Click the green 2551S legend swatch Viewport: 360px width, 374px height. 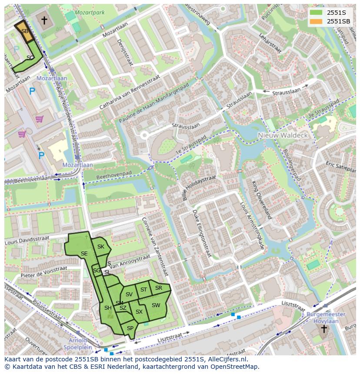[316, 12]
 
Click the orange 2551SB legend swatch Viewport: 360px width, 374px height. [316, 21]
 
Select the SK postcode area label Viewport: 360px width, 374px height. [101, 247]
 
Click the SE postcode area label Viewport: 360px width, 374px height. [84, 254]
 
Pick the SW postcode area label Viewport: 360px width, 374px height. [156, 305]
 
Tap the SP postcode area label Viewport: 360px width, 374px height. [130, 328]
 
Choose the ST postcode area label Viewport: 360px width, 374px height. [143, 289]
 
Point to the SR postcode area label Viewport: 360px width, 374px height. [159, 288]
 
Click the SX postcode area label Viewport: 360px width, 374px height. [139, 312]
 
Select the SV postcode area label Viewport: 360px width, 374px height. [129, 295]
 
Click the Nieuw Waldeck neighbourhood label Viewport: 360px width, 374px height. [283, 135]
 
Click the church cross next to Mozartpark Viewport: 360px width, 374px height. [44, 20]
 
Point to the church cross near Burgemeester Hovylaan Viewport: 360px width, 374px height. [323, 329]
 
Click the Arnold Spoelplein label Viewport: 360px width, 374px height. [77, 344]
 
